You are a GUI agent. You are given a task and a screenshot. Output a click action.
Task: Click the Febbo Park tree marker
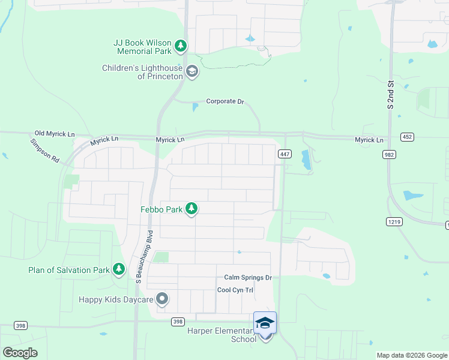click(x=191, y=208)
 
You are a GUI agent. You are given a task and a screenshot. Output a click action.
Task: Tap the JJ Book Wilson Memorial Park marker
click(x=181, y=45)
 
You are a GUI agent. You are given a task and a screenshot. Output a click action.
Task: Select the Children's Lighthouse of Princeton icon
click(x=191, y=72)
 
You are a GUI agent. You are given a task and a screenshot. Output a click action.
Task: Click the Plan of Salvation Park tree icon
click(x=119, y=269)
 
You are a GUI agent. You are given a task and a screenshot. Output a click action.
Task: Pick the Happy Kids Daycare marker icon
click(x=161, y=298)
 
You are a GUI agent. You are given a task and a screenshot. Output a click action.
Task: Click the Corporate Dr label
click(x=225, y=102)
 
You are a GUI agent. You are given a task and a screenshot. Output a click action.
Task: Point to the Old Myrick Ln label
click(x=55, y=133)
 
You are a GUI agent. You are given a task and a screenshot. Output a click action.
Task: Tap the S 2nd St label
click(x=391, y=95)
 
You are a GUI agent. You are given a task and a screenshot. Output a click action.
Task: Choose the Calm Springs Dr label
click(x=248, y=277)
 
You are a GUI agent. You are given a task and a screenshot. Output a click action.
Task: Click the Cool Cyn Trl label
click(x=235, y=290)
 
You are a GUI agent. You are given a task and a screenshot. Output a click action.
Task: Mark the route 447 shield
click(x=285, y=154)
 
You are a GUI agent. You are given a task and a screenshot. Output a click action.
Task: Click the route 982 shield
click(x=388, y=154)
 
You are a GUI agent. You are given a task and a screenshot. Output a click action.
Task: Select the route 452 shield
click(x=408, y=137)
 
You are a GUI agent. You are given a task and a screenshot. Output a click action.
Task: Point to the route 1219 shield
click(x=393, y=221)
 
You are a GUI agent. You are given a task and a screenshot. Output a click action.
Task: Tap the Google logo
click(x=20, y=353)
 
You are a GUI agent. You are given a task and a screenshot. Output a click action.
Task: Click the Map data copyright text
click(x=412, y=355)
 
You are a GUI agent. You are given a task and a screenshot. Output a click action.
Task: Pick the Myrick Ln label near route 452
click(x=369, y=140)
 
